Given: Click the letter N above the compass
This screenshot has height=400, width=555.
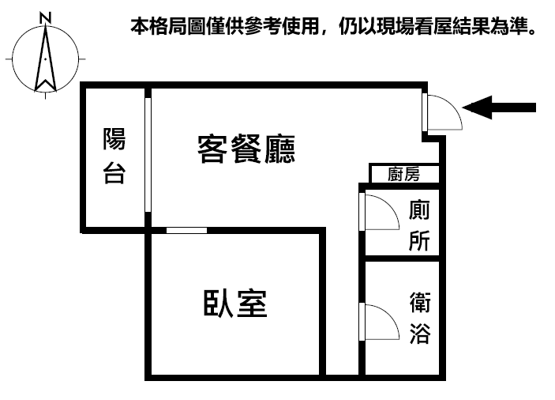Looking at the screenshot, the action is click(x=45, y=17).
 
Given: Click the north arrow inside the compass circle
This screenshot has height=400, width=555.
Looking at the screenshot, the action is click(x=45, y=58).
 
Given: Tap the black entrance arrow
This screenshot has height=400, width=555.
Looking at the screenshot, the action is click(x=499, y=108).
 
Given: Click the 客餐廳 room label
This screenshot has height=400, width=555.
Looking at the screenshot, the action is click(x=246, y=149).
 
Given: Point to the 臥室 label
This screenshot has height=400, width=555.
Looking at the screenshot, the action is click(x=235, y=304).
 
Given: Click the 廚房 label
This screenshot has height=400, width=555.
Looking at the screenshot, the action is click(x=404, y=174).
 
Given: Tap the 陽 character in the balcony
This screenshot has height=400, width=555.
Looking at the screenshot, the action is click(x=114, y=139).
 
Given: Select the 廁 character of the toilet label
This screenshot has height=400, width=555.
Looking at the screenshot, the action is click(x=419, y=210).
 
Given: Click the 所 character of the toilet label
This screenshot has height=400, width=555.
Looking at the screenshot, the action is click(x=419, y=240).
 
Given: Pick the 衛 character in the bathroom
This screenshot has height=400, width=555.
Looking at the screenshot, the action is click(x=420, y=303).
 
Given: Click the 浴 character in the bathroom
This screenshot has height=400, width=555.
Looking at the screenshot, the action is click(x=420, y=334).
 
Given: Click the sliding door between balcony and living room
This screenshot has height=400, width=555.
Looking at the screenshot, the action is click(x=148, y=155).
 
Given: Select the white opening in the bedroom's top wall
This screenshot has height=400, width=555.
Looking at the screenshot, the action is click(x=186, y=230).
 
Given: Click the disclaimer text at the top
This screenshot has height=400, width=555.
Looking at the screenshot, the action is click(x=333, y=26).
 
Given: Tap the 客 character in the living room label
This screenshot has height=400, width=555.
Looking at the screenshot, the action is click(x=212, y=149).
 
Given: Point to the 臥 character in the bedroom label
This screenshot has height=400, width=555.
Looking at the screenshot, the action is click(x=219, y=304).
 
